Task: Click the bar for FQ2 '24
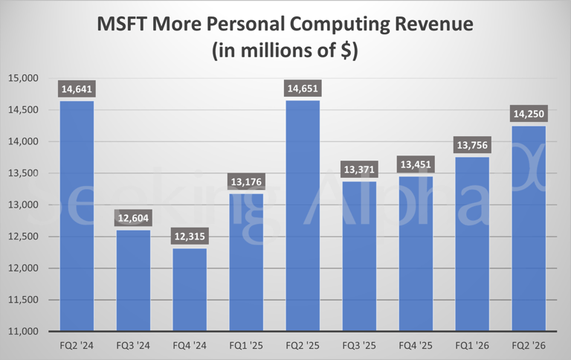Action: click(x=77, y=216)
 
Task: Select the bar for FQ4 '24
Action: click(x=190, y=289)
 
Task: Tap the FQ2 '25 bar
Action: click(x=303, y=216)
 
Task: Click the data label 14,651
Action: click(x=303, y=89)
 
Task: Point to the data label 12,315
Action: click(x=190, y=237)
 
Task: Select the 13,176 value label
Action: click(x=246, y=182)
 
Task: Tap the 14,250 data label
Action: click(x=529, y=115)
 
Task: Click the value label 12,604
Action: click(x=133, y=219)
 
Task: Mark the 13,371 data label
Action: click(x=359, y=170)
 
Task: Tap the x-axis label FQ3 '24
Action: click(x=133, y=346)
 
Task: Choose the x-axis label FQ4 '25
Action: click(x=416, y=346)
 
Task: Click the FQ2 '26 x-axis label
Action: click(x=529, y=346)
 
